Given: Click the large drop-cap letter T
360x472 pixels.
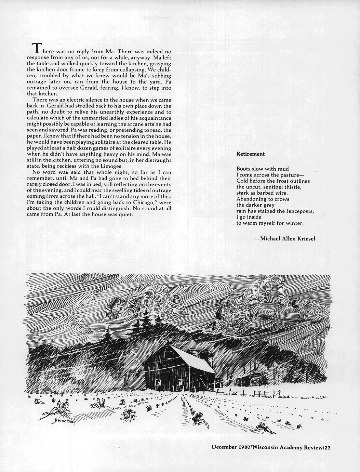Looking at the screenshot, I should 37,48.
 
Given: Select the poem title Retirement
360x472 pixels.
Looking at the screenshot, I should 250,154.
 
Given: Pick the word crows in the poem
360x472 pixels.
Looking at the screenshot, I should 281,199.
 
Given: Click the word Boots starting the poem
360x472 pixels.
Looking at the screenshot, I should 243,169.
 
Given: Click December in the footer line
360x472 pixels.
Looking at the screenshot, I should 225,447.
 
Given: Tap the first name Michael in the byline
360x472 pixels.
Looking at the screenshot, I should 270,238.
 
